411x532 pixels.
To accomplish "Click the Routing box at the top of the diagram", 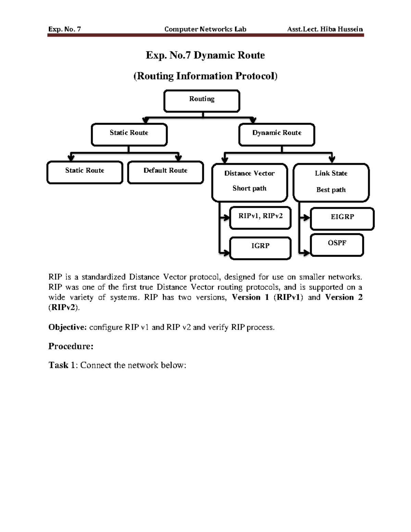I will pos(202,101).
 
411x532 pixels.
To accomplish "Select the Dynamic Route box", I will pos(277,135).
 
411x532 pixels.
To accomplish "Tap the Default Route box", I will pos(165,172).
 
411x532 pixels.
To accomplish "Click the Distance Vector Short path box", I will pos(249,182).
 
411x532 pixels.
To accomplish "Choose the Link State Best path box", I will pos(331,183).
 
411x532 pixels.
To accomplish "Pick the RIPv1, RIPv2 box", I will pos(260,218).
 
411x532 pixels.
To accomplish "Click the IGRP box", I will pos(260,248).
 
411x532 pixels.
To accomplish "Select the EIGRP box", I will pos(342,219).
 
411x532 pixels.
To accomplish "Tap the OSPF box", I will pos(337,245).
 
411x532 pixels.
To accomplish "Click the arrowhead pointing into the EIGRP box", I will pos(306,218).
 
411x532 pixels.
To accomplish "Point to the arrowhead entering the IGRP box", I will pos(226,253).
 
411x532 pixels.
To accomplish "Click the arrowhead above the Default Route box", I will pos(178,158).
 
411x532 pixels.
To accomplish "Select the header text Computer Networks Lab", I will pos(205,29).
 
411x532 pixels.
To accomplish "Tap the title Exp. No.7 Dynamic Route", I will pos(205,55).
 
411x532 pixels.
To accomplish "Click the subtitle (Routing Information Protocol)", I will pos(205,76).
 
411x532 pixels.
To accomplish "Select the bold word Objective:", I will pos(67,327).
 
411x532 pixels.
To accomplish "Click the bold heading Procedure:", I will pos(71,346).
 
